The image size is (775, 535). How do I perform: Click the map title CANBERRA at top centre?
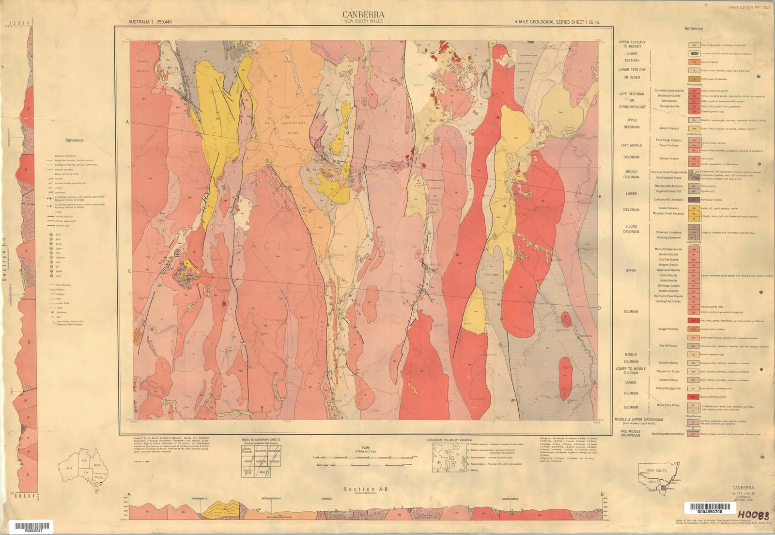[x=363, y=15]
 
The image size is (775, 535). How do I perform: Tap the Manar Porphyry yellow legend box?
[x=694, y=128]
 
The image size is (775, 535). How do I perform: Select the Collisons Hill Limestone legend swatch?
[x=694, y=200]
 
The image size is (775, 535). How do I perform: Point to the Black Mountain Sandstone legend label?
[x=668, y=434]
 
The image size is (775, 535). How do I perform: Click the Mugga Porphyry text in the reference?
[x=668, y=329]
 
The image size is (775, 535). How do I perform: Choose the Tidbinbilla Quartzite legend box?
[x=694, y=388]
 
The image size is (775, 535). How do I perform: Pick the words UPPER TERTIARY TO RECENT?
[x=632, y=44]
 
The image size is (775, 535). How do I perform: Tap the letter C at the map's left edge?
[x=129, y=271]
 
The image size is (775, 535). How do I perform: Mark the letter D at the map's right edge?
[x=599, y=308]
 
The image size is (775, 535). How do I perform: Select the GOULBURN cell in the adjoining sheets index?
[x=261, y=450]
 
